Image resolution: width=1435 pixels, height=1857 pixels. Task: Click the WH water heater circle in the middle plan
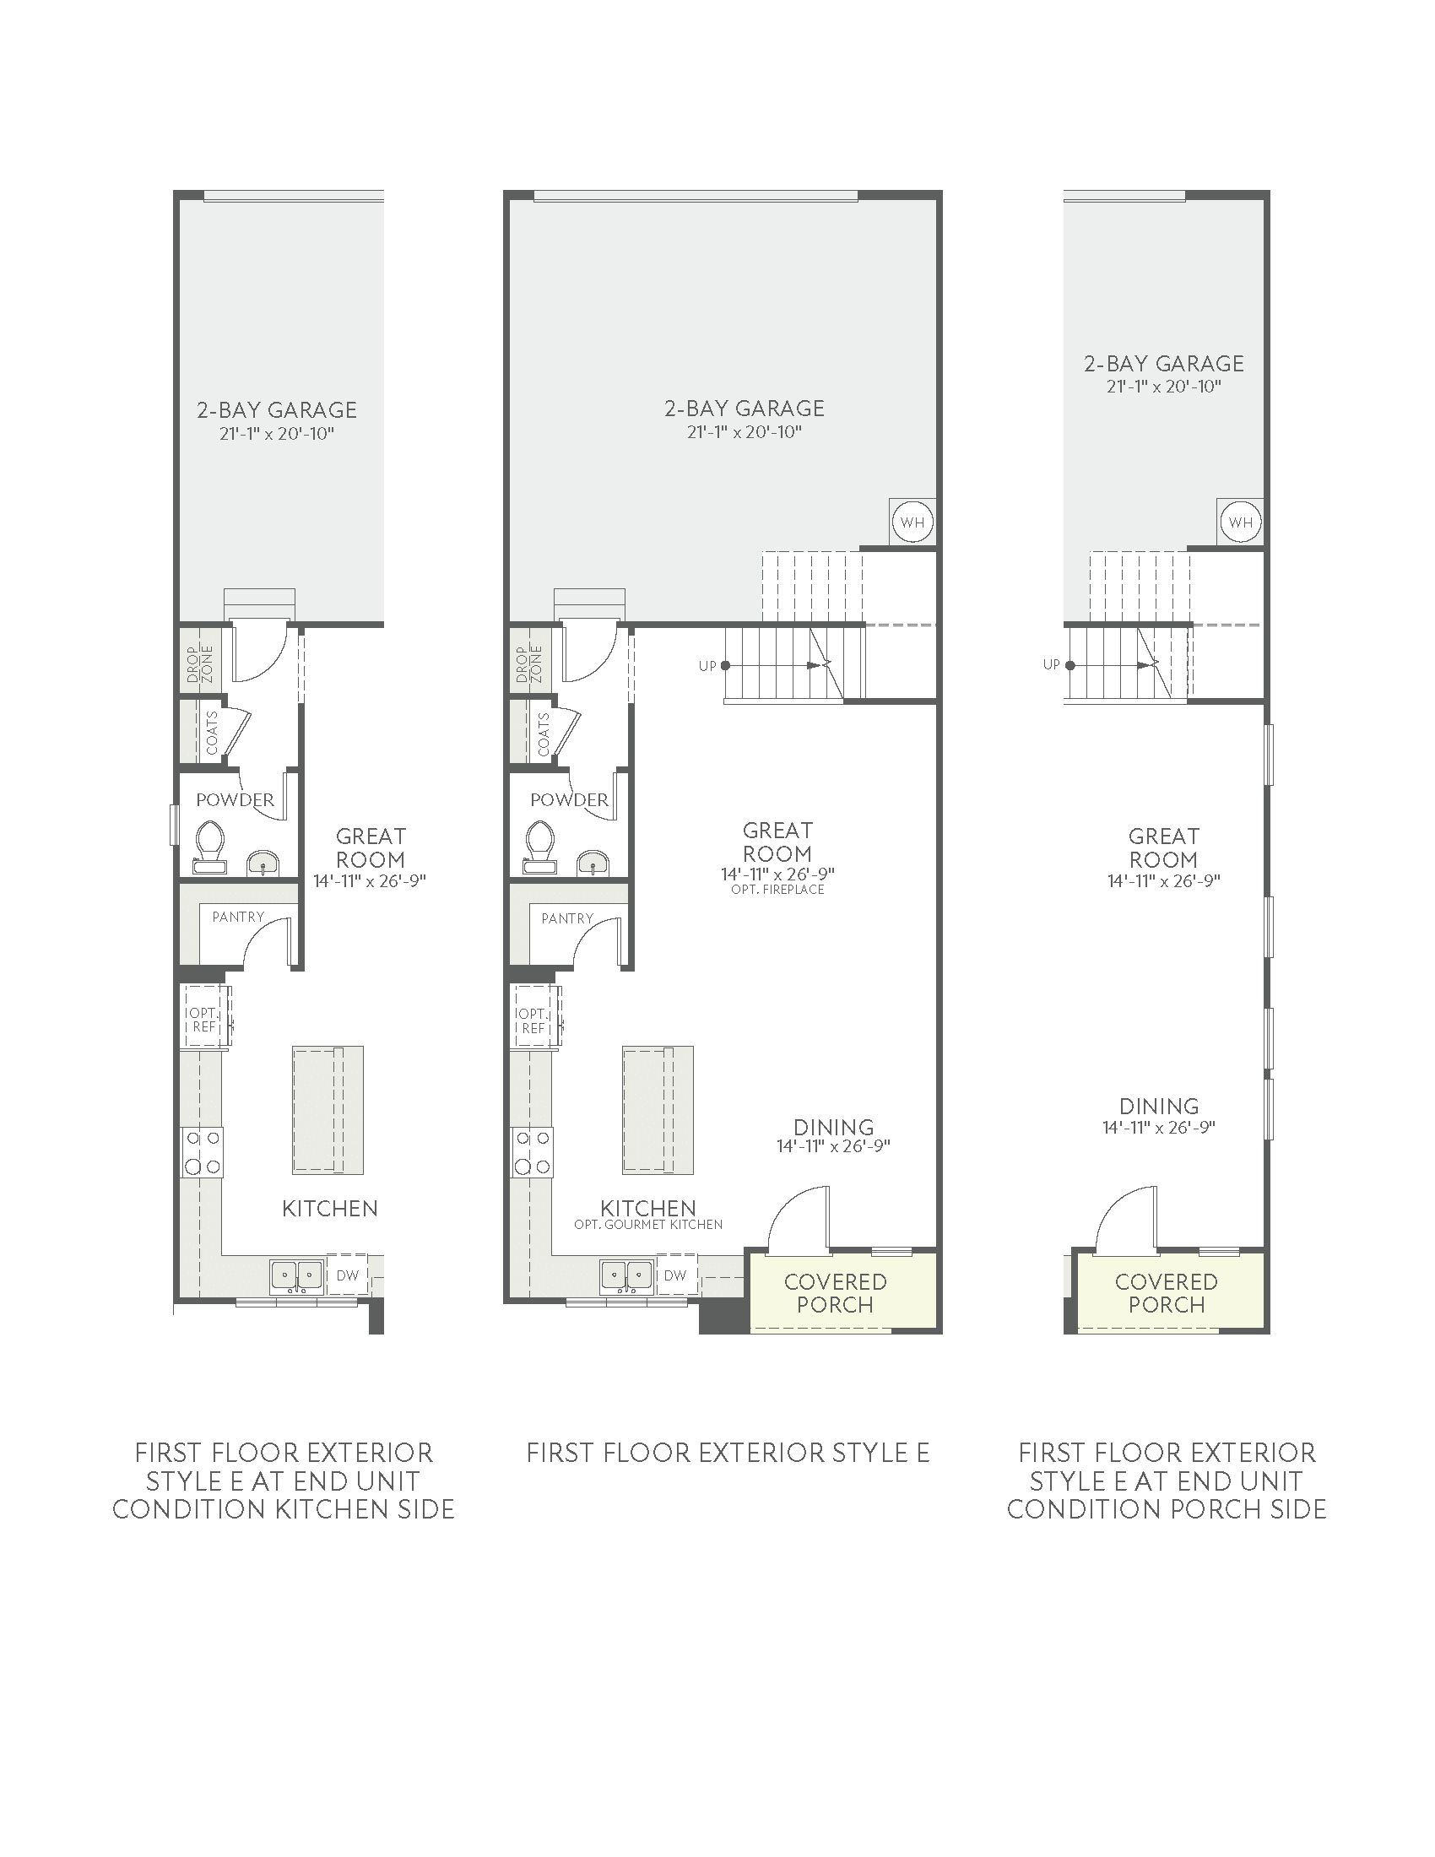tap(912, 521)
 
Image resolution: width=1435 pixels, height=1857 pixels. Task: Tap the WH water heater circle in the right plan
tap(1240, 521)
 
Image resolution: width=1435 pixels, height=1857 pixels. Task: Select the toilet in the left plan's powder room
tap(208, 847)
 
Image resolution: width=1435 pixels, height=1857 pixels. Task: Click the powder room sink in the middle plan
tap(593, 864)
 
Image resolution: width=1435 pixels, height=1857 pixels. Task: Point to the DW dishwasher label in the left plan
tap(347, 1275)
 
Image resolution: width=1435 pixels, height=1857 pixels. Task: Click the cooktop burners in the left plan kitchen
tap(203, 1152)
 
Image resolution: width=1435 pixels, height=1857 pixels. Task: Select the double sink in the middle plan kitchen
tap(626, 1276)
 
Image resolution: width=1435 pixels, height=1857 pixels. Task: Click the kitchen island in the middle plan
tap(657, 1111)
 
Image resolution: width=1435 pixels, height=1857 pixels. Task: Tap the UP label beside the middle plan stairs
tap(707, 666)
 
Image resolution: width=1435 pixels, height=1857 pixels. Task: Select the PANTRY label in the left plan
tap(238, 917)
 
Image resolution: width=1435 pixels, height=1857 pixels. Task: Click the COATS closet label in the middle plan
tap(544, 734)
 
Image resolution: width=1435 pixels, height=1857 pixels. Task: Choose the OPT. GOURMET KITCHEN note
tap(648, 1226)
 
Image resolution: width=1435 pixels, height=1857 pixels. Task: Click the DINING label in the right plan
tap(1159, 1107)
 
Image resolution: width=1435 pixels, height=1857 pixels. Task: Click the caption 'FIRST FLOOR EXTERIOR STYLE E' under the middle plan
tap(728, 1453)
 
